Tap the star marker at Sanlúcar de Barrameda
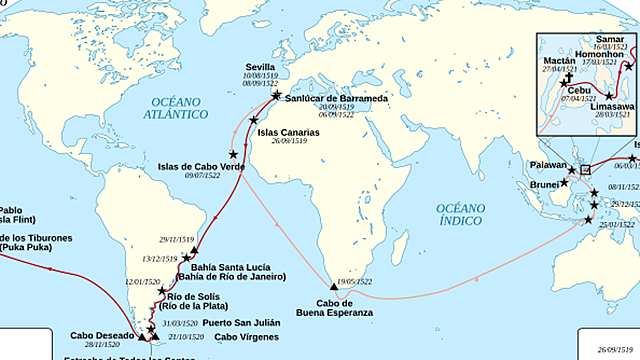tap(276, 95)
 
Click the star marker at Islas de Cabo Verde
tap(234, 154)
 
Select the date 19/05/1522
tap(356, 282)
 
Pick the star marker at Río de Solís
tap(162, 290)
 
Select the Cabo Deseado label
tap(101, 335)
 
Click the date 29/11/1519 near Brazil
tap(175, 240)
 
